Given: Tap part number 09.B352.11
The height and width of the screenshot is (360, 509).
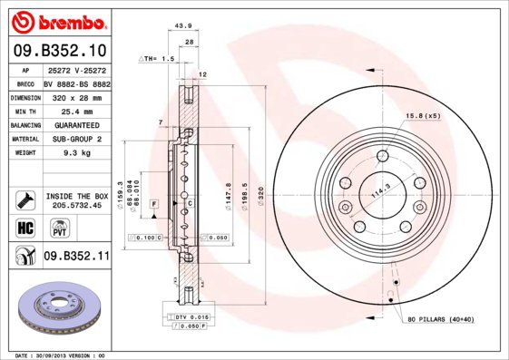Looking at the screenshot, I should tap(76, 257).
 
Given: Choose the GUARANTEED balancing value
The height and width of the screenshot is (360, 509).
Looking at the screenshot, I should tap(75, 125).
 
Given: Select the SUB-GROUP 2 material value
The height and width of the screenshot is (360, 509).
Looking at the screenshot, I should tap(76, 139).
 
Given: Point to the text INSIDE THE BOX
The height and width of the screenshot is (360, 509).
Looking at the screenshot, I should tap(77, 196).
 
